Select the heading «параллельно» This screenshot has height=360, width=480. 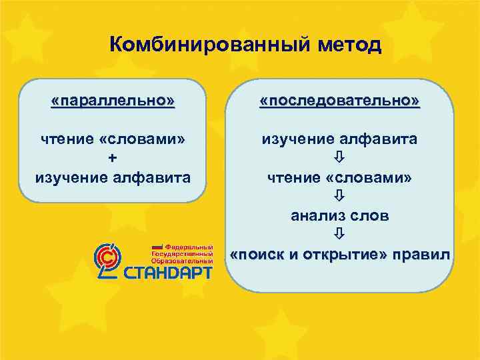point(113,101)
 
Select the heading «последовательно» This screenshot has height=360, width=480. point(340,101)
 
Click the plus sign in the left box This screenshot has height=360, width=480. point(111,158)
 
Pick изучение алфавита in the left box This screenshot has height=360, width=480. point(113,177)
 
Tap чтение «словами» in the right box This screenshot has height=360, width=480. point(340,177)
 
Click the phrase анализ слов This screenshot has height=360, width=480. point(340,215)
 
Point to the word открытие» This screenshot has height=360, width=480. point(345,255)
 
